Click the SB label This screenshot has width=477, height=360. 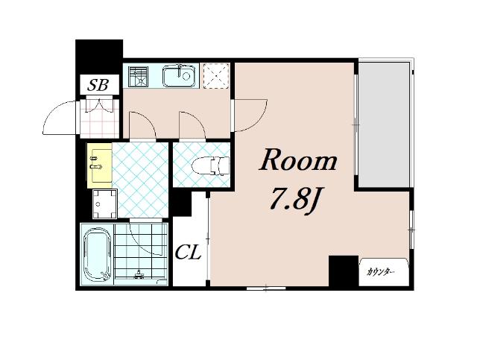tap(98, 85)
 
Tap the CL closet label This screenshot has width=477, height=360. tap(189, 252)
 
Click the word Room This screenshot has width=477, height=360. tap(298, 160)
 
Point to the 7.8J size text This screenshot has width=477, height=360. tap(296, 198)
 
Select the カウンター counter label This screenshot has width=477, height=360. tap(381, 272)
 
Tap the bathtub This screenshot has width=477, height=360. tap(97, 254)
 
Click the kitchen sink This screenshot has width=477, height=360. tap(178, 75)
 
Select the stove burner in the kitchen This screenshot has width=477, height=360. tap(139, 76)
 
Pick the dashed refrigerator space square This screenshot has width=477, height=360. tap(216, 76)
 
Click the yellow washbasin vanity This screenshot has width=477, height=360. tap(99, 165)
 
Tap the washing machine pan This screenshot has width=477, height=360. tap(104, 203)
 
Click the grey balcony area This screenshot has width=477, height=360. tap(384, 124)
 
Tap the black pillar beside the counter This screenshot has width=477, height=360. tap(344, 271)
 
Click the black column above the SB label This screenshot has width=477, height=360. tap(99, 57)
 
